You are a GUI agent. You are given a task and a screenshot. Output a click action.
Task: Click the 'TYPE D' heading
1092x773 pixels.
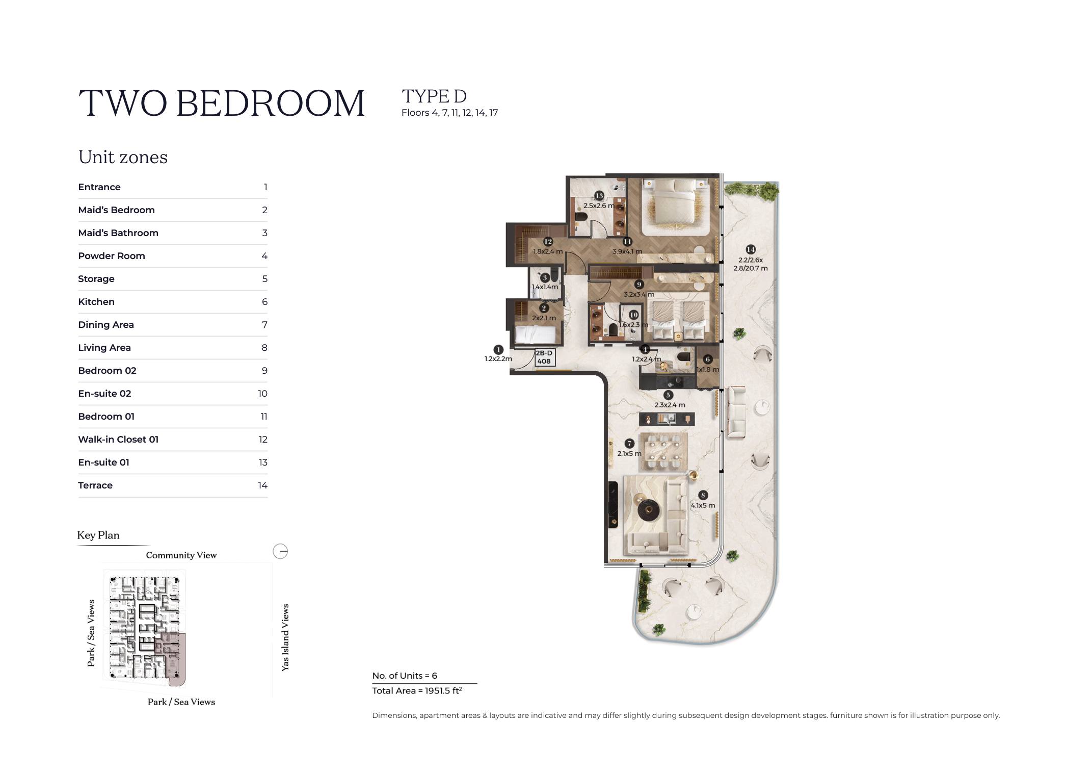[x=434, y=96]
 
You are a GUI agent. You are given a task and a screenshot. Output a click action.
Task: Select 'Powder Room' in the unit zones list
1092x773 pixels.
[x=112, y=256]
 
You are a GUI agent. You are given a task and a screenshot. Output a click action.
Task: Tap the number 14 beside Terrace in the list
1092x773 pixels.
[x=262, y=485]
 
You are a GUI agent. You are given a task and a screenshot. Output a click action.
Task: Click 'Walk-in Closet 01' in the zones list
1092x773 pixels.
[x=118, y=440]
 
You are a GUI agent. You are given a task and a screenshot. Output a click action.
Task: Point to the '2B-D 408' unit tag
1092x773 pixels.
[x=544, y=357]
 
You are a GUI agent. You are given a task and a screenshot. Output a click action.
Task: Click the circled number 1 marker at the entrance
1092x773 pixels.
[x=498, y=350]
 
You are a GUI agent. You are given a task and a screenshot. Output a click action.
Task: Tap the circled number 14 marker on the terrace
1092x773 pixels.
[x=751, y=249]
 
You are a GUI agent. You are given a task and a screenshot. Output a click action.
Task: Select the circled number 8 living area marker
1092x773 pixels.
[x=703, y=495]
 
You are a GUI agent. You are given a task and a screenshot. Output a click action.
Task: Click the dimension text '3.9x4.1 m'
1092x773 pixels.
[x=627, y=251]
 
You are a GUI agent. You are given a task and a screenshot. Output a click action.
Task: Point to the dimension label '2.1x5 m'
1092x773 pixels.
[x=629, y=453]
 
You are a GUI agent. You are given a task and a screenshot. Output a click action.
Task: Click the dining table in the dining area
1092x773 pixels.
[x=663, y=452]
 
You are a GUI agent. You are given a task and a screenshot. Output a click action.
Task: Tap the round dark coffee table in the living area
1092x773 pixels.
[x=649, y=509]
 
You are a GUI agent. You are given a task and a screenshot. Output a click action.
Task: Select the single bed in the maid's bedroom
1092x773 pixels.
[x=535, y=335]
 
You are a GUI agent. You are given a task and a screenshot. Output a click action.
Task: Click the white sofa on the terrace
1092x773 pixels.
[x=737, y=412]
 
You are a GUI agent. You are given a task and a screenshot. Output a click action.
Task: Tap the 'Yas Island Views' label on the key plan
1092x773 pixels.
[x=285, y=637]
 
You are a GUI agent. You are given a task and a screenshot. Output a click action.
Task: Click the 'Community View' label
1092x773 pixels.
[x=181, y=555]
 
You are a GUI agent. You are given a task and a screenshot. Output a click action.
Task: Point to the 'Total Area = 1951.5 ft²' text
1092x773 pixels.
[x=417, y=690]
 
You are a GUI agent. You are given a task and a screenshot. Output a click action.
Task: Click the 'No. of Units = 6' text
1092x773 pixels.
[x=405, y=676]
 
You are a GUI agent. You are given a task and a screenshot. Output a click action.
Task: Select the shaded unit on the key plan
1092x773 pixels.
[x=175, y=658]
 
